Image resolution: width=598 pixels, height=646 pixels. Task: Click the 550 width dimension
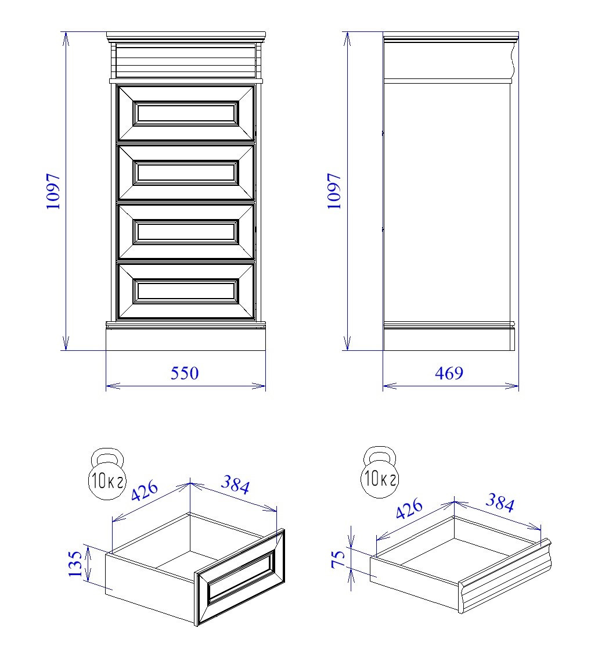point(185,374)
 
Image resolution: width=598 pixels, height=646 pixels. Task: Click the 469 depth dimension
point(449,374)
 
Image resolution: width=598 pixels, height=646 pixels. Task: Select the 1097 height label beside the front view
point(53,191)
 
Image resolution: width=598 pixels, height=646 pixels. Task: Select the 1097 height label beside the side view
point(334,191)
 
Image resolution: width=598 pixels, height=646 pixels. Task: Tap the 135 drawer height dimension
point(75,564)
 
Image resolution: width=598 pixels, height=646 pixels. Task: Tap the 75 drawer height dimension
point(338,559)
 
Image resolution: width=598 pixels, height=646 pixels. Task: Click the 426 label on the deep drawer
point(145,490)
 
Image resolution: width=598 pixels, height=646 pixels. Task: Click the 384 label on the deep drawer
point(235,485)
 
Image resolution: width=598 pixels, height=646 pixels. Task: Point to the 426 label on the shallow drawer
point(409,508)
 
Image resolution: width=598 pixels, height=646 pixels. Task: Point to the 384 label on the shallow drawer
point(500,503)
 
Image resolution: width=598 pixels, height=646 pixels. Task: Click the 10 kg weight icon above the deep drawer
point(107,474)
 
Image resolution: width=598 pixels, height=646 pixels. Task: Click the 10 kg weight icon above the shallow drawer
point(380,472)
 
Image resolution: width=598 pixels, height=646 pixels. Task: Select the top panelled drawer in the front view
point(186,113)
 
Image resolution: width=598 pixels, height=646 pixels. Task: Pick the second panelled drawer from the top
point(186,172)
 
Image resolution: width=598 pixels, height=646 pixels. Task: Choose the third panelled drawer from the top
point(186,232)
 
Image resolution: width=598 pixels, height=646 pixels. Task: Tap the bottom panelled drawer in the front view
point(186,291)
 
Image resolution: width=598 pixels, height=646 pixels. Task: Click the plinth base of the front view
point(186,339)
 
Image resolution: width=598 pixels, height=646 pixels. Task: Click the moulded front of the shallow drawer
point(505,576)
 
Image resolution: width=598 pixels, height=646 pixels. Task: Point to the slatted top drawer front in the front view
point(186,60)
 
